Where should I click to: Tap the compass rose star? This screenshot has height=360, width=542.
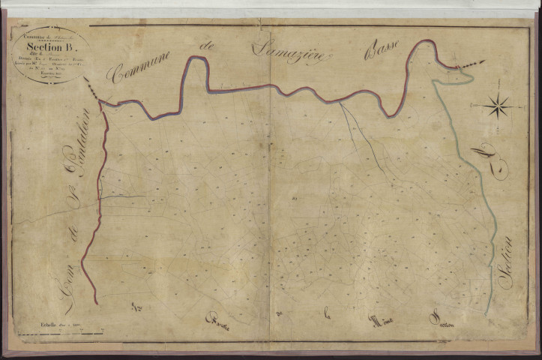(x=496, y=106)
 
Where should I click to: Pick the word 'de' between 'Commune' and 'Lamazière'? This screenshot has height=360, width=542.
(x=208, y=50)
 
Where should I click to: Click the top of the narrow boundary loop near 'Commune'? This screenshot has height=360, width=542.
(x=198, y=58)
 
